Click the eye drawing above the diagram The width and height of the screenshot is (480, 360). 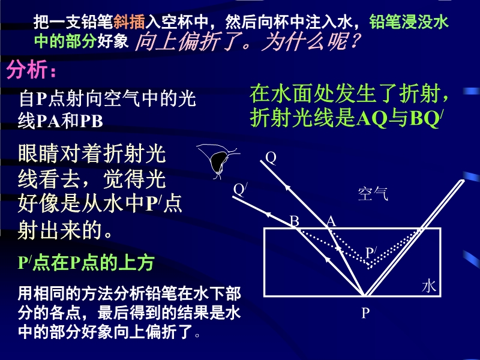pyautogui.click(x=218, y=161)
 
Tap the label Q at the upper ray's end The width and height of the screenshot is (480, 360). pyautogui.click(x=271, y=158)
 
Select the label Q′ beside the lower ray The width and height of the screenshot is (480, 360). pyautogui.click(x=241, y=190)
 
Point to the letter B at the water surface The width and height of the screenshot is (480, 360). pyautogui.click(x=295, y=221)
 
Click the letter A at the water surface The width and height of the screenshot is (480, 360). pyautogui.click(x=331, y=221)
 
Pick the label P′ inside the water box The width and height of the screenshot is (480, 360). pyautogui.click(x=371, y=253)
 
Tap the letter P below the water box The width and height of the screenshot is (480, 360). pyautogui.click(x=365, y=313)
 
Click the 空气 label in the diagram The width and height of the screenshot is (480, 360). pyautogui.click(x=373, y=194)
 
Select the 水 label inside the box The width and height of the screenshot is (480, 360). pyautogui.click(x=428, y=286)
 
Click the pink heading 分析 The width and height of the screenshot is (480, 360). pyautogui.click(x=27, y=70)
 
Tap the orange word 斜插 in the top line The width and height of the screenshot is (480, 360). pyautogui.click(x=129, y=22)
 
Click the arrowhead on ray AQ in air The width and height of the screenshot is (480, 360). pyautogui.click(x=287, y=187)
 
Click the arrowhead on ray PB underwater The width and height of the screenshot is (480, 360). pyautogui.click(x=328, y=260)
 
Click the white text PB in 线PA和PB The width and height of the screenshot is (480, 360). pyautogui.click(x=91, y=121)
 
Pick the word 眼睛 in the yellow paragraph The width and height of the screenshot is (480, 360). pyautogui.click(x=39, y=154)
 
